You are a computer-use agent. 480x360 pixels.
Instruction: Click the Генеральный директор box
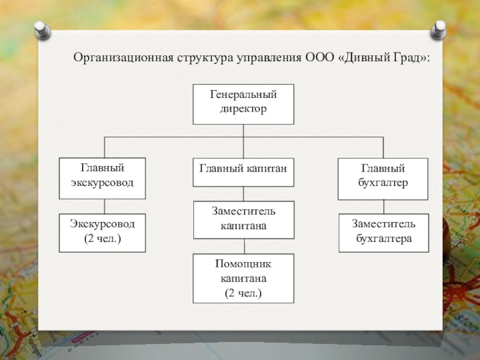[244, 104]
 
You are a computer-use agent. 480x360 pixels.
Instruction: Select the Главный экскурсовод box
[102, 178]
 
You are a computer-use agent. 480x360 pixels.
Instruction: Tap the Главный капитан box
[244, 172]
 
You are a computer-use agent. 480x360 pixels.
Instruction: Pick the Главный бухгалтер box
[383, 179]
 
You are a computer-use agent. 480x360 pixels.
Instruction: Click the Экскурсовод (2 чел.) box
[102, 233]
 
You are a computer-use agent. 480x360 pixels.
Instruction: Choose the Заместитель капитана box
[244, 220]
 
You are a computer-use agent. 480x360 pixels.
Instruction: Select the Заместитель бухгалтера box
[383, 233]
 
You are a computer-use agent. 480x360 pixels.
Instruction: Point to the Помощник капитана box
[244, 278]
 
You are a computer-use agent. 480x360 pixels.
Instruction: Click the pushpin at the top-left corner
[43, 30]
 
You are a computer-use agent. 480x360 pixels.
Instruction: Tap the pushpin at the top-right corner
[438, 29]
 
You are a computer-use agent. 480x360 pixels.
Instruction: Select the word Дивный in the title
[365, 58]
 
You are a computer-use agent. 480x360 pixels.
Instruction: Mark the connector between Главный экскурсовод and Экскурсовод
[104, 206]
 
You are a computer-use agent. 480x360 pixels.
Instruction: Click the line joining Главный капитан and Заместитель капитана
[244, 194]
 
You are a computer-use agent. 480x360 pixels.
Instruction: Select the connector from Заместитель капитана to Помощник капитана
[244, 247]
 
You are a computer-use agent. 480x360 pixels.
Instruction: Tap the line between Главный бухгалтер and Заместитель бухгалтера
[383, 207]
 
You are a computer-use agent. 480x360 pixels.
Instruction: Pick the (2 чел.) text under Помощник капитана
[244, 293]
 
